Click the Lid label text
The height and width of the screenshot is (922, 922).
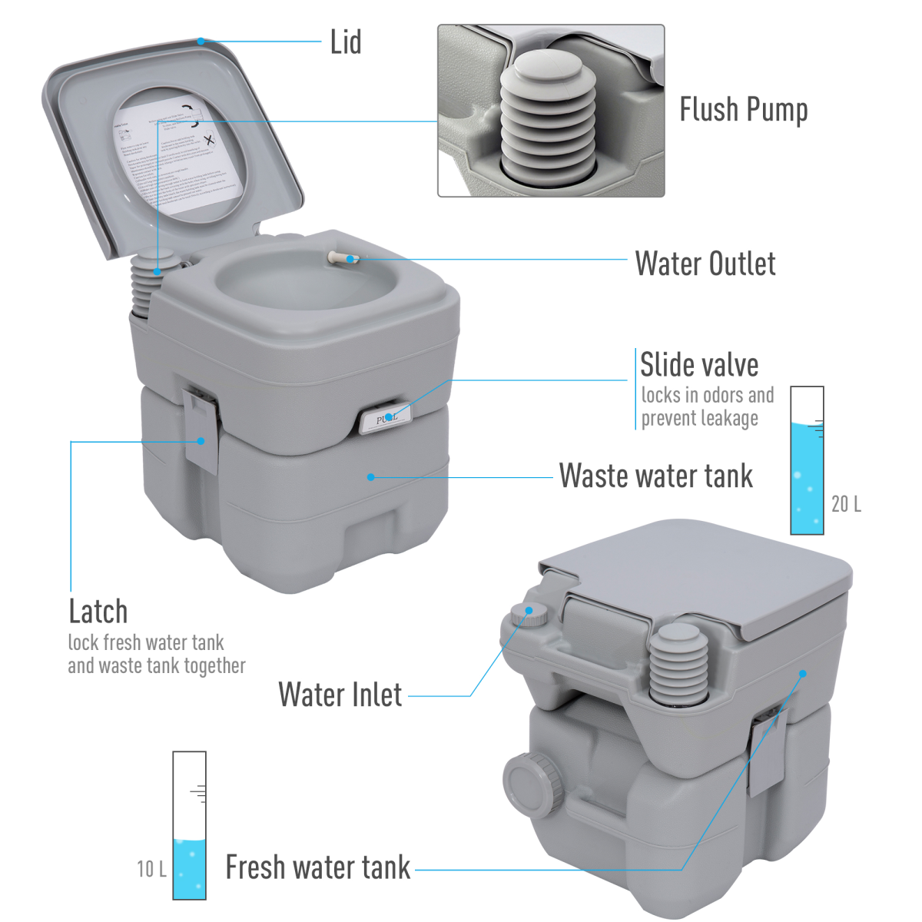[x=346, y=42]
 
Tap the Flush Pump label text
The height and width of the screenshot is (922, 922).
[x=743, y=110]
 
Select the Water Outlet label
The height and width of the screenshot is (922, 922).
[x=705, y=264]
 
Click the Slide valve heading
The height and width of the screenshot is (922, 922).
[x=699, y=365]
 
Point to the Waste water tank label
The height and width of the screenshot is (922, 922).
[x=655, y=476]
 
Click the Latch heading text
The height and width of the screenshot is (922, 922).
[x=98, y=612]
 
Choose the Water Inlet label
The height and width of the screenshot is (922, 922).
[x=340, y=695]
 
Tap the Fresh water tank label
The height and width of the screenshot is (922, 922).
[x=318, y=867]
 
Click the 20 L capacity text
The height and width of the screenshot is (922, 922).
[x=846, y=504]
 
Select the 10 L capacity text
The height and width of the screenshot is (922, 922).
[x=151, y=869]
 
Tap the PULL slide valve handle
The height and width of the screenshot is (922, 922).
[x=386, y=419]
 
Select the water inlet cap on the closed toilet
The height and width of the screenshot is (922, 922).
[x=529, y=613]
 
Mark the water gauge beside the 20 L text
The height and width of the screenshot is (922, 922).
[x=807, y=461]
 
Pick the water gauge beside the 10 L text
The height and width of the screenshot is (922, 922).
[x=189, y=826]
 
